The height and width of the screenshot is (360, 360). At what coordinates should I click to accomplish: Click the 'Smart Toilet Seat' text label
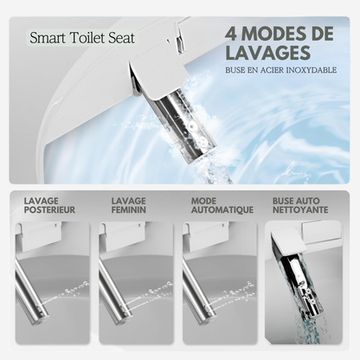point(82,38)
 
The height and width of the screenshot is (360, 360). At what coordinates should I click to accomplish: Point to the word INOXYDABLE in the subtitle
point(312,70)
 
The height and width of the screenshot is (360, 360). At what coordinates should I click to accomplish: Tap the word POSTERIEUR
point(49,209)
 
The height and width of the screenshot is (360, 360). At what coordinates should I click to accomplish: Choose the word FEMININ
point(129,209)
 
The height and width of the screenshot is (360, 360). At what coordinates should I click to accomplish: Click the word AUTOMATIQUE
point(222,209)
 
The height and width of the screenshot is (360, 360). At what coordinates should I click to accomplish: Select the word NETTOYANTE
point(300,209)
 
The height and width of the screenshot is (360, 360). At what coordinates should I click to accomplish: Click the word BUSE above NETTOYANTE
point(285,201)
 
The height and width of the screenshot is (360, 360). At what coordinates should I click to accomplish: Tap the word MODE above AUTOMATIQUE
point(203,201)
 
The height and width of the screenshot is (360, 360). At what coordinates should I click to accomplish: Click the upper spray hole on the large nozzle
point(191,126)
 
